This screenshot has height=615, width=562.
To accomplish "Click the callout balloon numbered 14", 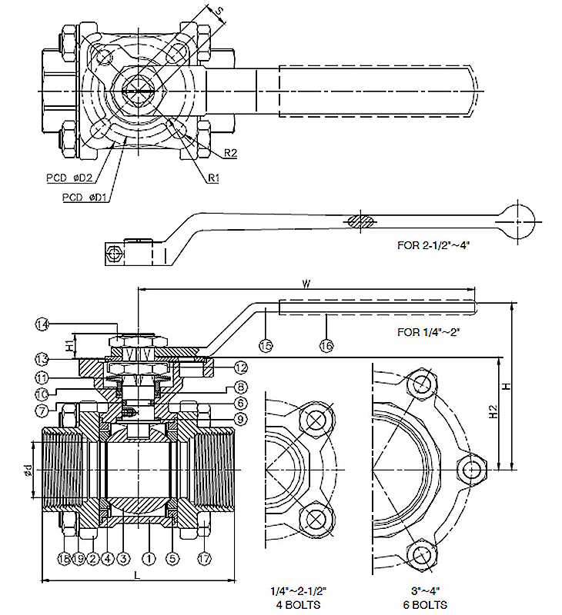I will [x=42, y=324].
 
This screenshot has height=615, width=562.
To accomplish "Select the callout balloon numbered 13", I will [x=42, y=359].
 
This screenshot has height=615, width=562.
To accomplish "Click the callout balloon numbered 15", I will [x=266, y=347].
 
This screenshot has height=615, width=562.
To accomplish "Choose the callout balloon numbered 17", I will [x=204, y=558].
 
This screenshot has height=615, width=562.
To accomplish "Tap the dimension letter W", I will [x=307, y=284].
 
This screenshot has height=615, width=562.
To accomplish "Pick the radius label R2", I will [x=230, y=153].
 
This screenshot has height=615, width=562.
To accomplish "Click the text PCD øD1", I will [x=83, y=197].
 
